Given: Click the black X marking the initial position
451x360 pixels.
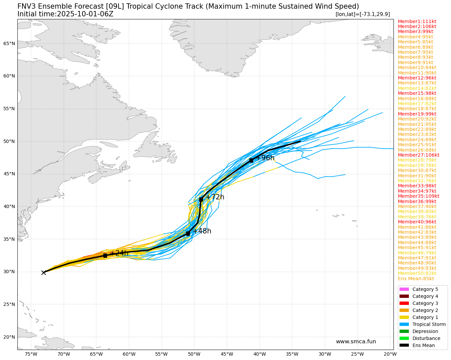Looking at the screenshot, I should point(43,273).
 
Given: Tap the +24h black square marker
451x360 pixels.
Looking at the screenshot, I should point(105,255).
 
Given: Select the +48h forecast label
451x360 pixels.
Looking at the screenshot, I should point(202,231).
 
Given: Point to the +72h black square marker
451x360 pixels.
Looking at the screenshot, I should point(201,199).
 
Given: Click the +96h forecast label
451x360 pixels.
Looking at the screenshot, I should point(265,158).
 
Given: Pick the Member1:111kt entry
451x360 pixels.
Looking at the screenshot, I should point(417,21).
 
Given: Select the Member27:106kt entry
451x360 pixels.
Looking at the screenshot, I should point(418,155).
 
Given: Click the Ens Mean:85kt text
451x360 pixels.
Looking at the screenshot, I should point(416,279).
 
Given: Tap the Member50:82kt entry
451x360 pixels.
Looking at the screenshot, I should point(417,273).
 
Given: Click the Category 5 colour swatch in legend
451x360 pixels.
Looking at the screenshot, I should point(404,289).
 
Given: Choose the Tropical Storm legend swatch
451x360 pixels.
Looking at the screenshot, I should point(404,324).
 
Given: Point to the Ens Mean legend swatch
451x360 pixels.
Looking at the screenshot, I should point(404,345).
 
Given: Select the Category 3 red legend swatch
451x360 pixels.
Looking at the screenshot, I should point(404,303).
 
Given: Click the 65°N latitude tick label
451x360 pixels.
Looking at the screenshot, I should point(9,43).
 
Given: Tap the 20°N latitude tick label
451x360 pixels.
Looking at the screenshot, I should point(9,337).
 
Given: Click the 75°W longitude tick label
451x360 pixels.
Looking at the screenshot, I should point(31,354).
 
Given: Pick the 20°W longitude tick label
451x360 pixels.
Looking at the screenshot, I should point(390,354).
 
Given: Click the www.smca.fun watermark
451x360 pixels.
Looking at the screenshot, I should point(356,342).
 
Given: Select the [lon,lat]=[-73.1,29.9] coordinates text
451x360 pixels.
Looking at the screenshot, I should point(362,14).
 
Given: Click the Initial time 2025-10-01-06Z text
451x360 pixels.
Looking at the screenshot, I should point(65,14).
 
